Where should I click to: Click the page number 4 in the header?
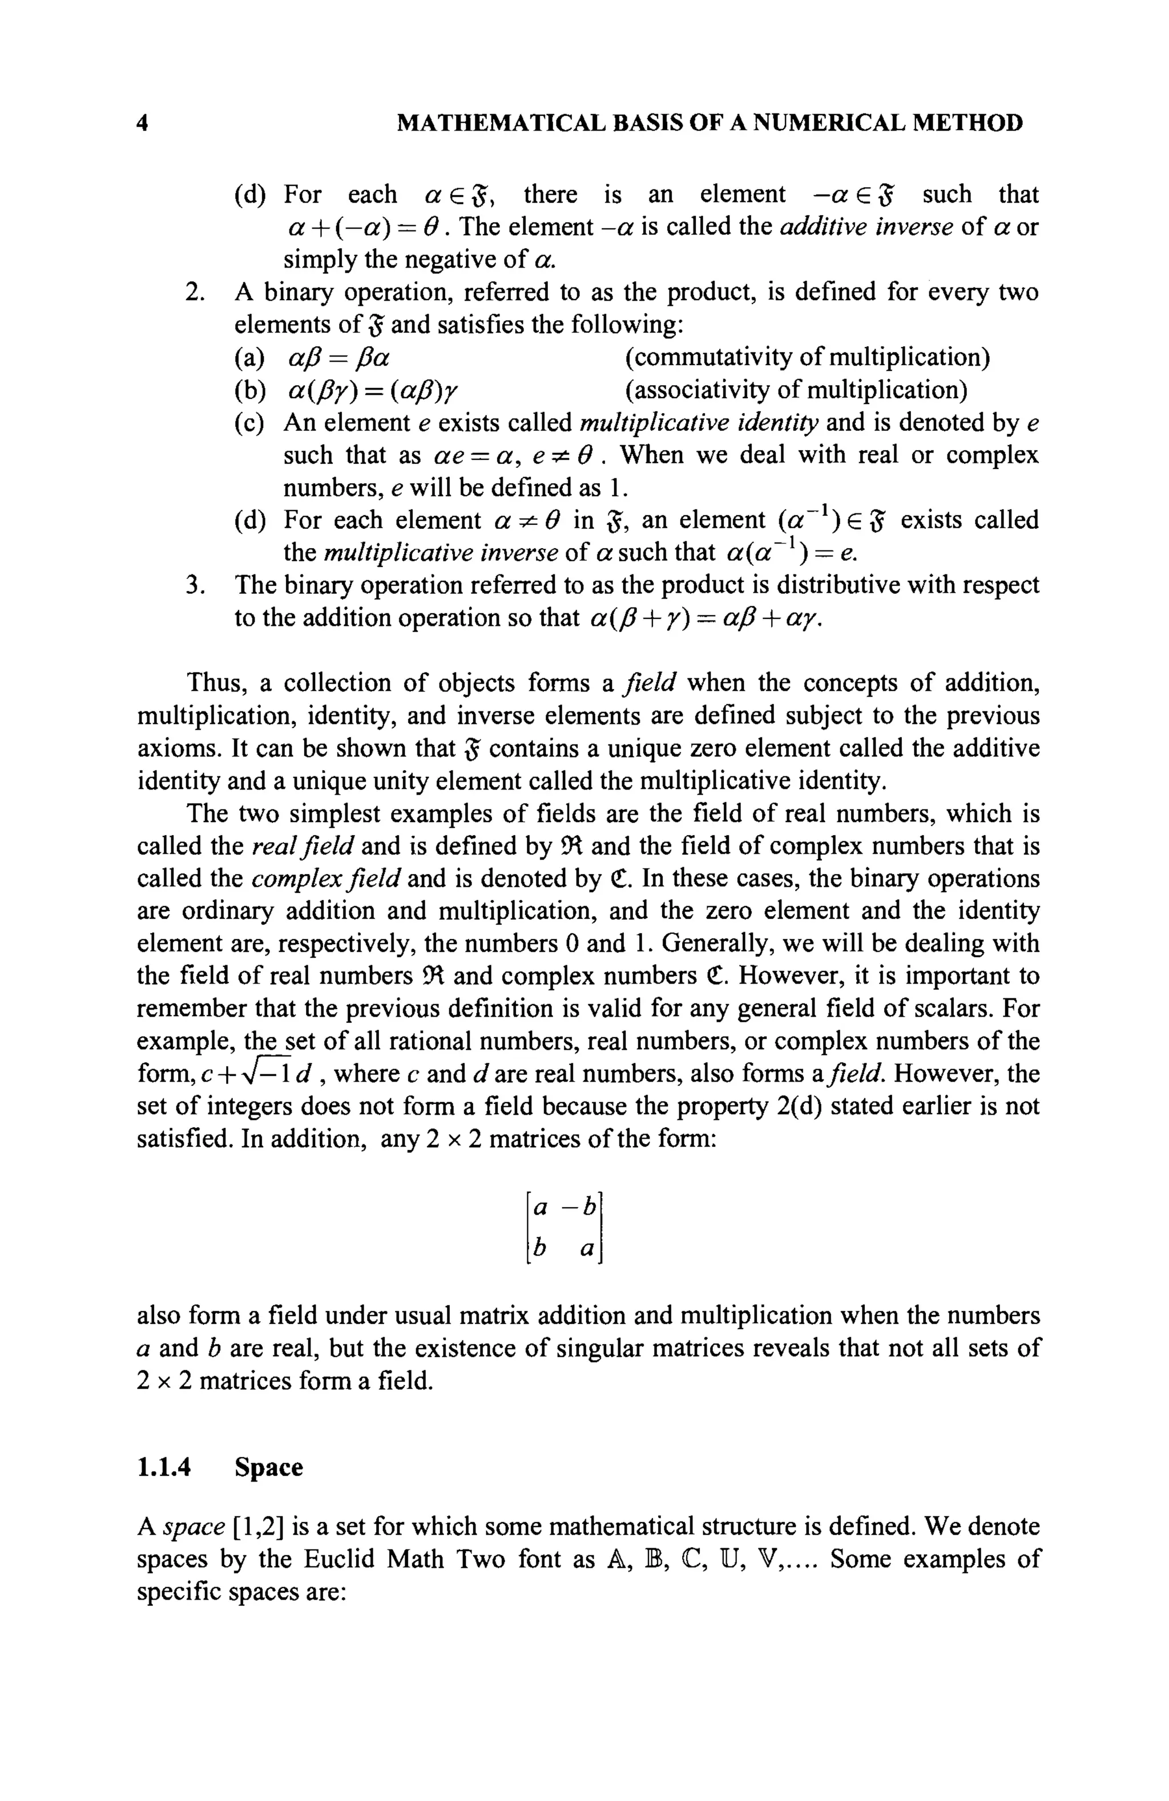click(x=142, y=123)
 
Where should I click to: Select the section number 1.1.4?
click(x=164, y=1467)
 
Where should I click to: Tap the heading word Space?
click(x=268, y=1467)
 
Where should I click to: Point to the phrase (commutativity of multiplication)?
click(x=807, y=357)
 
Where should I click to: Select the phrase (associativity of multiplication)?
click(x=796, y=390)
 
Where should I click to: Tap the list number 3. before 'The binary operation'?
click(x=195, y=585)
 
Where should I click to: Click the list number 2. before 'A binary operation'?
click(x=195, y=292)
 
